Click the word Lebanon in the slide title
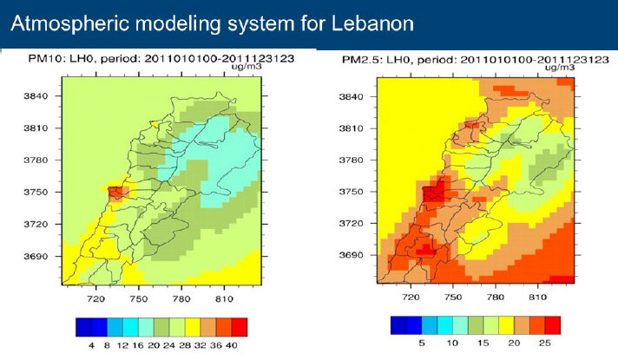[x=372, y=23]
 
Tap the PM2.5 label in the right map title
[x=359, y=60]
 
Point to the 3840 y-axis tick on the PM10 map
[x=36, y=95]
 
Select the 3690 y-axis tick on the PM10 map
[x=36, y=256]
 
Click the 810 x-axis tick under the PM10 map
[x=224, y=299]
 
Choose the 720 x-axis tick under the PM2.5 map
[x=411, y=297]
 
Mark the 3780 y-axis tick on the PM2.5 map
[x=351, y=160]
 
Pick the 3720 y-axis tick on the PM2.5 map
[x=351, y=223]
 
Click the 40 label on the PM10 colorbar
[x=232, y=345]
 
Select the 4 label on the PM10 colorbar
[x=91, y=345]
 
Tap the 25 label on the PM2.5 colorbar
[x=545, y=343]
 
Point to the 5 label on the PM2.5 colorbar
[x=422, y=343]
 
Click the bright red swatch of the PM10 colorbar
[x=240, y=327]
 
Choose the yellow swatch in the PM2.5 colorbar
[x=506, y=325]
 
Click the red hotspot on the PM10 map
[x=115, y=193]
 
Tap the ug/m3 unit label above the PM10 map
[x=247, y=66]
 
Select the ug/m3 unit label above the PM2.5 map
[x=560, y=68]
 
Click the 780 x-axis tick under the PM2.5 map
[x=495, y=297]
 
